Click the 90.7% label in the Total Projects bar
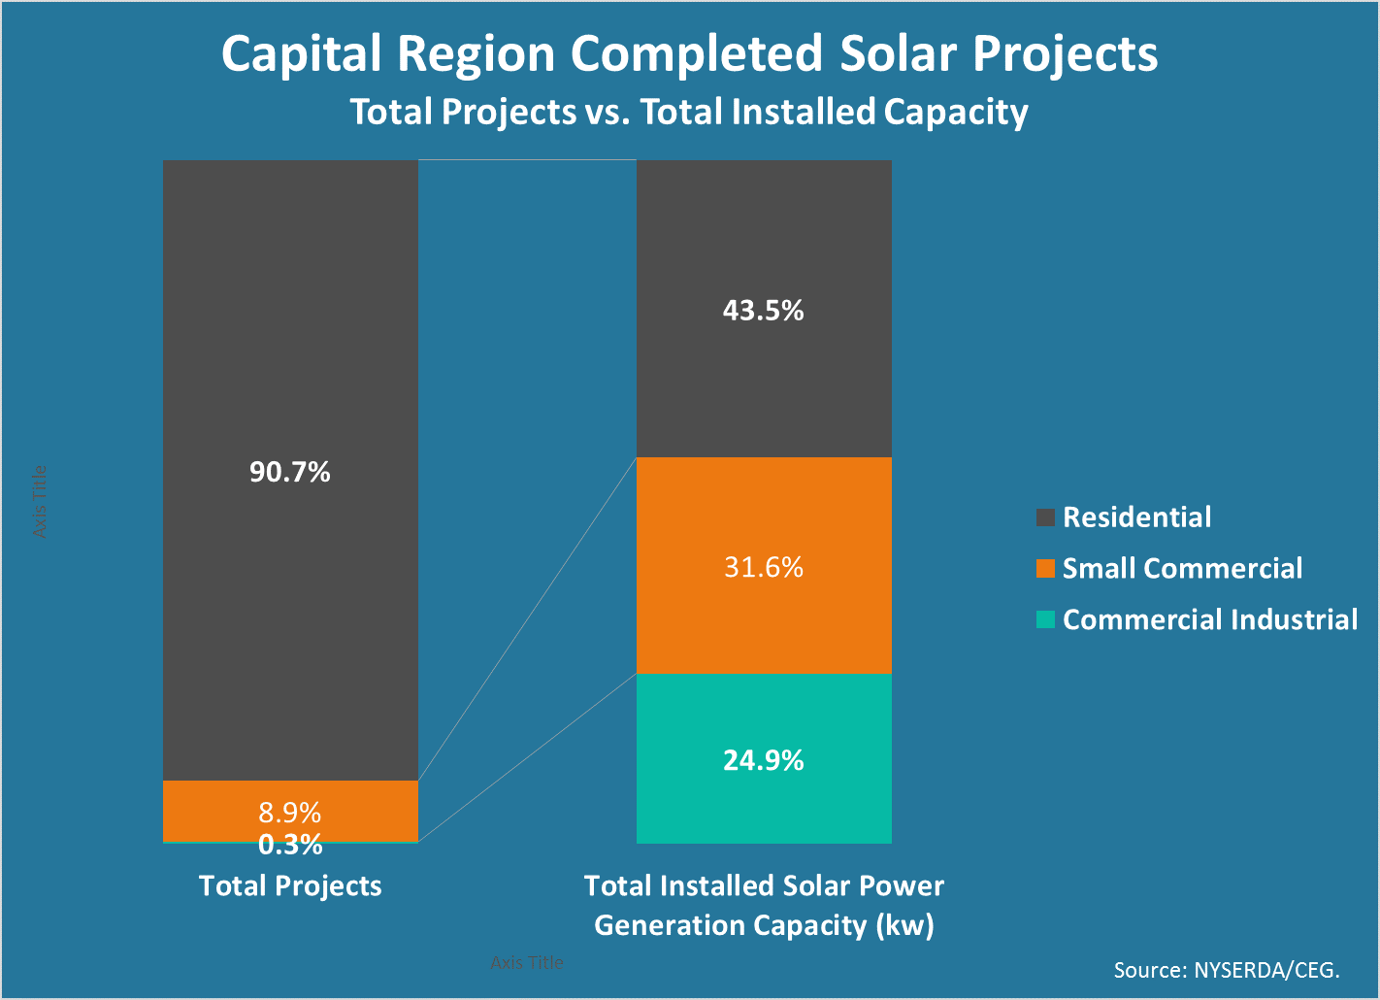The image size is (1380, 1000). (290, 473)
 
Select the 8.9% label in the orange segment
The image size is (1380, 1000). (290, 812)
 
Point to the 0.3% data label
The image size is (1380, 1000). (290, 845)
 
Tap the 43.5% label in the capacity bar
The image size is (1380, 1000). (764, 311)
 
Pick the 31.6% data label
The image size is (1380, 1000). (764, 567)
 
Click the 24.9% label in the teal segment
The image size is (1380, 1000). (764, 760)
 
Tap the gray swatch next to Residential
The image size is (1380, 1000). (1045, 517)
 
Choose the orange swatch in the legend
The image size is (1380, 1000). (1045, 569)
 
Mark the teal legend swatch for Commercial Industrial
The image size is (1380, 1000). (1045, 619)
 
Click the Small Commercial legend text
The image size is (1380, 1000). (1182, 569)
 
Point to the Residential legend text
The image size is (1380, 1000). (1136, 517)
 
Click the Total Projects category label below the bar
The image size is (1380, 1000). (290, 885)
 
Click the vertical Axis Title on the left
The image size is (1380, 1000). (40, 502)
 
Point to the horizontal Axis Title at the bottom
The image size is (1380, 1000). (527, 962)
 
